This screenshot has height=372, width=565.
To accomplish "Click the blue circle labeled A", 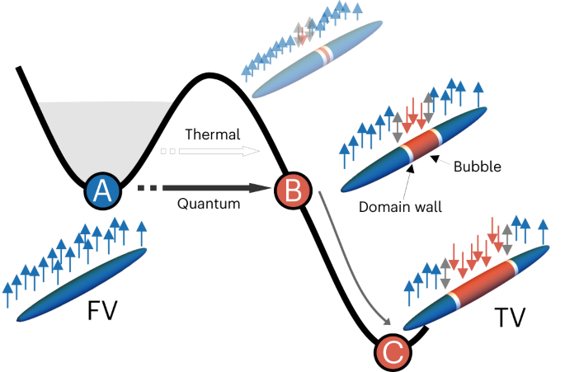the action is coord(103,191).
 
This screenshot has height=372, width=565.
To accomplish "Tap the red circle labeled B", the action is coord(293,191).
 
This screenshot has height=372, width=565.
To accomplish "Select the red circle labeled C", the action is coord(393,352).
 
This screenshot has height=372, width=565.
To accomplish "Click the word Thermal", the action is coord(213,134).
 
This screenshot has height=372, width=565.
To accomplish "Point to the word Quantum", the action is coord(209,204).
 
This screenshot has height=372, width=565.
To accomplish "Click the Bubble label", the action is coord(477,167).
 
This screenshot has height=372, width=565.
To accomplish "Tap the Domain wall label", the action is coord(400,207).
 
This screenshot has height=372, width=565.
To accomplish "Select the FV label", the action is coord(102,311).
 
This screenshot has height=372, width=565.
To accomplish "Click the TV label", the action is coord(510,318).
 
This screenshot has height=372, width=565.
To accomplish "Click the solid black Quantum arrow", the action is coord(205,188).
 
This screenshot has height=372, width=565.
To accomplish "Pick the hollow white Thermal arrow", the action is coord(210,151).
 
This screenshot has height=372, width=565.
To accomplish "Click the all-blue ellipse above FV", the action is coord(82,285).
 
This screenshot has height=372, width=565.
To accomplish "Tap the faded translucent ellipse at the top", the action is coord(317,59).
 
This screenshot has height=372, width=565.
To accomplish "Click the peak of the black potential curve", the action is coord(209,75).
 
